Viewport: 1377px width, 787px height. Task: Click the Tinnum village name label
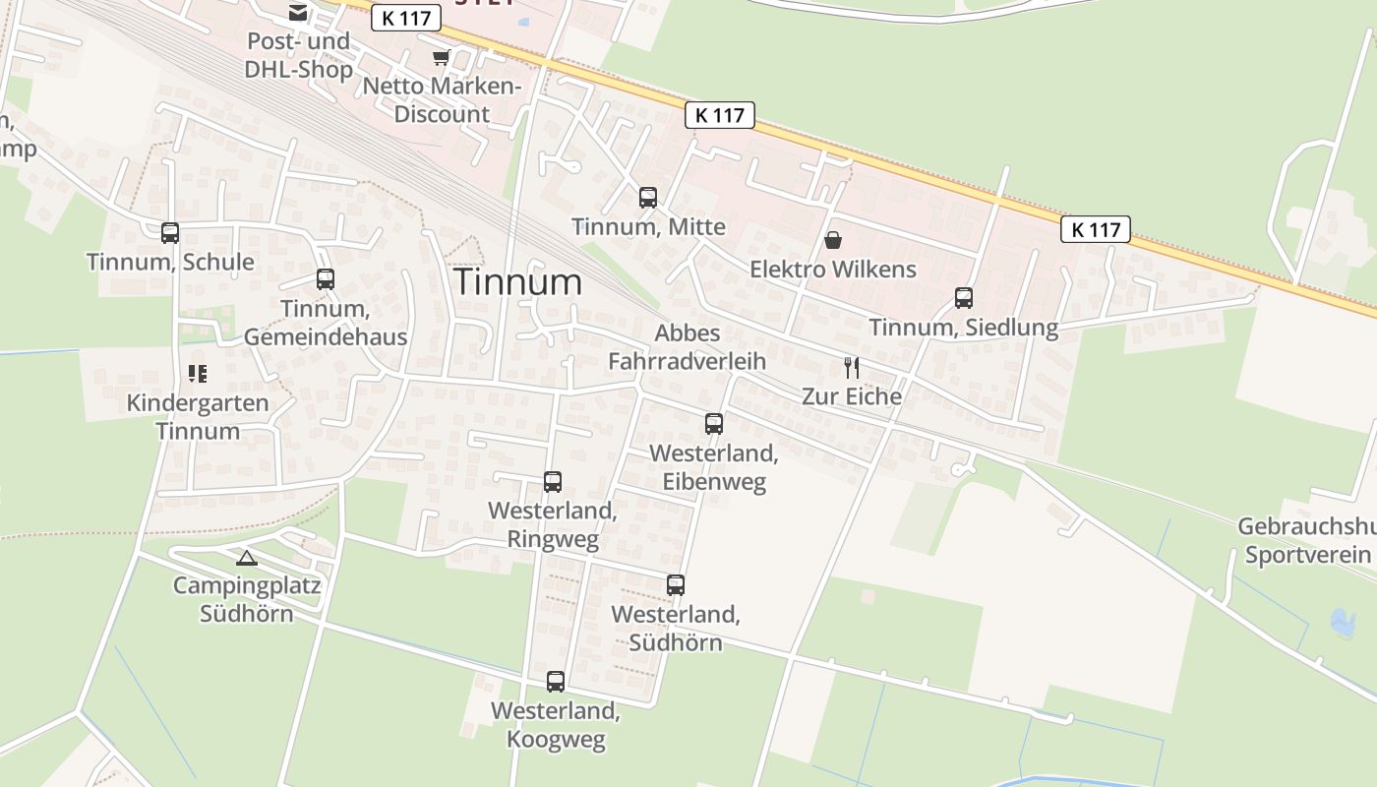517,282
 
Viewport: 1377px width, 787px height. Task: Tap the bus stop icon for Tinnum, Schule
170,233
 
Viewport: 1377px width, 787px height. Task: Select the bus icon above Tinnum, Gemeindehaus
326,279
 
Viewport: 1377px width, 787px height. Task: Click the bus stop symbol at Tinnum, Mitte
648,198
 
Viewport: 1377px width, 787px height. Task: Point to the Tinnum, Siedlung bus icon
964,298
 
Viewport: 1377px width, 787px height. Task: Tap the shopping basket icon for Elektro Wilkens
833,240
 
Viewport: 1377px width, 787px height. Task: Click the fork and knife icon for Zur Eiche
852,368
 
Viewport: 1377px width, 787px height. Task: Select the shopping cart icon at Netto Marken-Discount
441,58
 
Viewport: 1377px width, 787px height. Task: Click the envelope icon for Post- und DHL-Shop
297,13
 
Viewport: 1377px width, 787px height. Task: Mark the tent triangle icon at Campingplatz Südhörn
247,559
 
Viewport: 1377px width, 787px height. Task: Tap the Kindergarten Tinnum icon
198,374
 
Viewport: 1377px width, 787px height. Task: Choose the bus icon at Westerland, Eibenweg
714,424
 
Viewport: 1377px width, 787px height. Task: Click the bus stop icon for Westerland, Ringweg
553,482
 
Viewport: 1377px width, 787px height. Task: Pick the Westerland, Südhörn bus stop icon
676,585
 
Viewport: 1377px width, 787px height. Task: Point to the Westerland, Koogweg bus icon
556,681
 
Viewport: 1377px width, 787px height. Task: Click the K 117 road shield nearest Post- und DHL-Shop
406,18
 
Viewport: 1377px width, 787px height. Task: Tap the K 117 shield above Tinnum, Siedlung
1096,230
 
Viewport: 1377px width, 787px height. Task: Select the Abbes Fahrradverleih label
687,347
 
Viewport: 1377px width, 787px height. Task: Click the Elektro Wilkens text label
833,270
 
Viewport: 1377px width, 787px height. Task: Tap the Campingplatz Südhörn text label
247,600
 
